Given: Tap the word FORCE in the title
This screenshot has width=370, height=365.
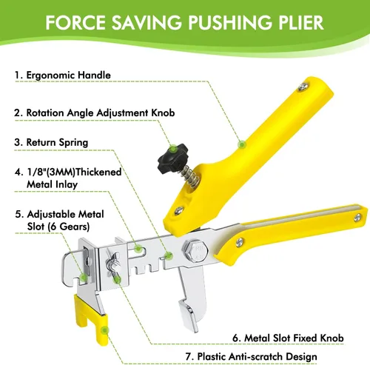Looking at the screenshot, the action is click(x=75, y=22).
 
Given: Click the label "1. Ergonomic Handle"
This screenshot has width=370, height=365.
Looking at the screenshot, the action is click(x=63, y=75).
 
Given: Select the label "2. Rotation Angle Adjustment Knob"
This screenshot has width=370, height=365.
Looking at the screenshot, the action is click(x=95, y=113).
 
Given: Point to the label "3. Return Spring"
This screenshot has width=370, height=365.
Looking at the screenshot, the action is click(x=51, y=142).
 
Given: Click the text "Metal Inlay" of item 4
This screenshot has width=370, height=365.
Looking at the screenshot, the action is click(x=52, y=184).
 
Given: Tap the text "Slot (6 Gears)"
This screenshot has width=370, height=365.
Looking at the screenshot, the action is click(x=58, y=227).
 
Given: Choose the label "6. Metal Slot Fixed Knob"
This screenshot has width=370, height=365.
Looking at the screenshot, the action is click(x=288, y=338).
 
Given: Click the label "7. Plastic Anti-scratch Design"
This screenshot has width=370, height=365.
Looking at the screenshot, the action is click(x=251, y=357).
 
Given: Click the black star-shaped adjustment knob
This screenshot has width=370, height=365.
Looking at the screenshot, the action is click(x=172, y=158).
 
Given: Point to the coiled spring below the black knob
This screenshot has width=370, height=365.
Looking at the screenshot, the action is click(x=189, y=176).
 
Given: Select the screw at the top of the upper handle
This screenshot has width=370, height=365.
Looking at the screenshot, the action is click(x=303, y=87).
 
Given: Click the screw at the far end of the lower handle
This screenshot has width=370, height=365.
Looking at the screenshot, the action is click(x=357, y=218).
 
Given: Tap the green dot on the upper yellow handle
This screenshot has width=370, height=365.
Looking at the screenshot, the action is click(x=242, y=144).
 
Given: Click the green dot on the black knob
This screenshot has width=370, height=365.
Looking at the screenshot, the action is click(x=173, y=149).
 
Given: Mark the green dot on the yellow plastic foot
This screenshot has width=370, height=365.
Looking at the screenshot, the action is click(x=105, y=330).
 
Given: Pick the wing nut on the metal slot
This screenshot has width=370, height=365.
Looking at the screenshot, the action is click(x=113, y=264).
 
